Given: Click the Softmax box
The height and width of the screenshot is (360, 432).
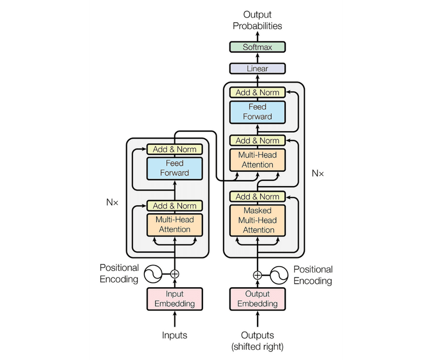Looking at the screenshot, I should coord(258,47).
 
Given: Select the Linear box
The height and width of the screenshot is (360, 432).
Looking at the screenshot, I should coord(258,69).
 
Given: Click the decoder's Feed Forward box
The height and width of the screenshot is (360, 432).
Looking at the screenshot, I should coord(258,111).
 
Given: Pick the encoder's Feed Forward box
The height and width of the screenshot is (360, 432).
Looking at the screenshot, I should coord(174,168).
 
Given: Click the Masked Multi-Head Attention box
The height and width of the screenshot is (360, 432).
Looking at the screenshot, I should coord(258,220).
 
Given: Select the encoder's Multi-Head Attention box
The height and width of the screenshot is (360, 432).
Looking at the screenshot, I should coord(174,224).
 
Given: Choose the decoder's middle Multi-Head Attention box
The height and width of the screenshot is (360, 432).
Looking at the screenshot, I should coord(258,160).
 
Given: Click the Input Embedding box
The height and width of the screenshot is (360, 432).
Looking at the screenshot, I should coord(174,298).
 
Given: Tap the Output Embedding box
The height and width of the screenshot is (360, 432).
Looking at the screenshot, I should coord(258,298).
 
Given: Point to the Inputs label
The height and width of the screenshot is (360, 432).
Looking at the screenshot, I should coord(174,335).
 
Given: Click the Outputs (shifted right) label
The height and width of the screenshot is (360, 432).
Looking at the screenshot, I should coord(258,340).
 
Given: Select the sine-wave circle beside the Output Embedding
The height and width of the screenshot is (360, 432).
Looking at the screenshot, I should coord(280,275).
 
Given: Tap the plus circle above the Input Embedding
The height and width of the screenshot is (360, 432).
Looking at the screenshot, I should coord(174,274).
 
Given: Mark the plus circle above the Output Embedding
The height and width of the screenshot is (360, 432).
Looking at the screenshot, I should coord(258,275).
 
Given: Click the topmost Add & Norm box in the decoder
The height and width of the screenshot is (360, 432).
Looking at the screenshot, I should coord(258,92).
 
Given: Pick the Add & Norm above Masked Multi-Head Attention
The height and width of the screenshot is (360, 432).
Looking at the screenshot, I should coord(258,196).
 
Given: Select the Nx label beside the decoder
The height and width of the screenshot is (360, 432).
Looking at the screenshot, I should coord(318,173).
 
